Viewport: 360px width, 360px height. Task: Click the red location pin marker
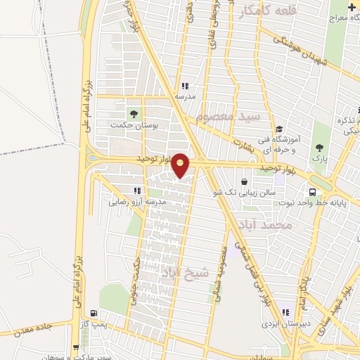[x=181, y=165]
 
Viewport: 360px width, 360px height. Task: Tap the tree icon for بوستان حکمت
[x=131, y=113]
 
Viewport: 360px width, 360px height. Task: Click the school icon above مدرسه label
[x=185, y=86]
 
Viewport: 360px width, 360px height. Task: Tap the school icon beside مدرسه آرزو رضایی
[x=136, y=191]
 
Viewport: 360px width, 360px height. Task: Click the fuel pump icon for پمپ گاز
[x=94, y=314]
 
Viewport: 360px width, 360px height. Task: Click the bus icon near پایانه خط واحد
[x=311, y=191]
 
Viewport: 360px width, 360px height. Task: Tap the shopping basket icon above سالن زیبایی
[x=243, y=182]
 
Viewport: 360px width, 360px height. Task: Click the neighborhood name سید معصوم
[x=231, y=115]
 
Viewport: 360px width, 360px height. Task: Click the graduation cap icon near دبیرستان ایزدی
[x=285, y=314]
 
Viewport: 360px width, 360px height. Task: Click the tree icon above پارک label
[x=321, y=148]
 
